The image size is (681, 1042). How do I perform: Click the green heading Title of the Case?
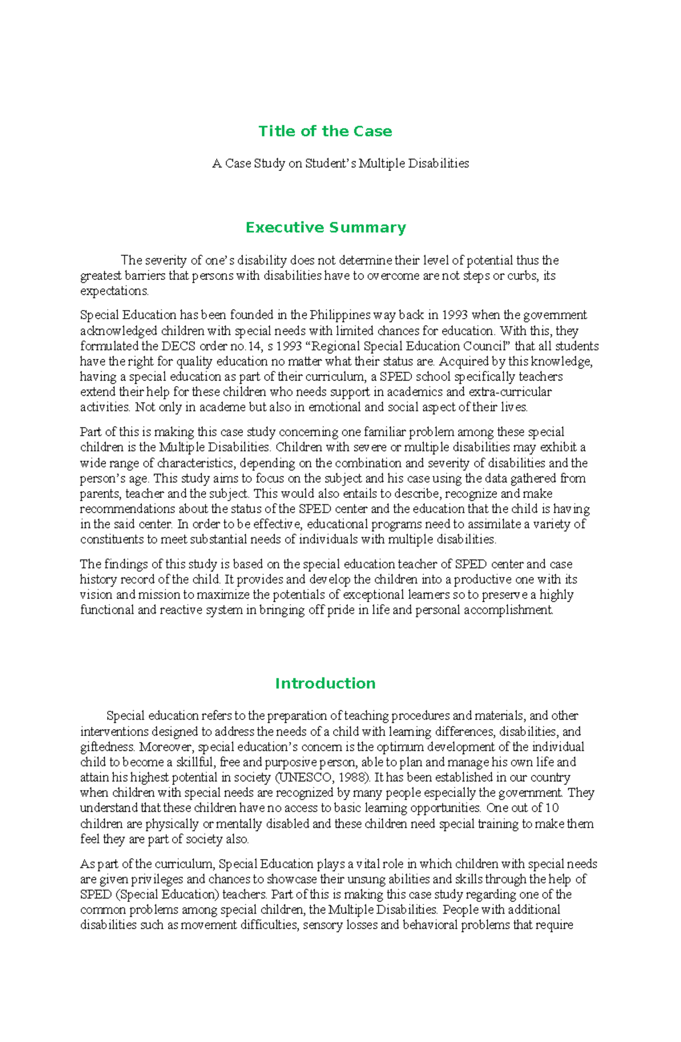(325, 131)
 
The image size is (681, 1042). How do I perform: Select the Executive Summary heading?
(325, 228)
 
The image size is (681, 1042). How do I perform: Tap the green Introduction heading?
(325, 683)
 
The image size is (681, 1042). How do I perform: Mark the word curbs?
(518, 276)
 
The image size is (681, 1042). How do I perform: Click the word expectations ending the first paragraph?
(113, 291)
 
